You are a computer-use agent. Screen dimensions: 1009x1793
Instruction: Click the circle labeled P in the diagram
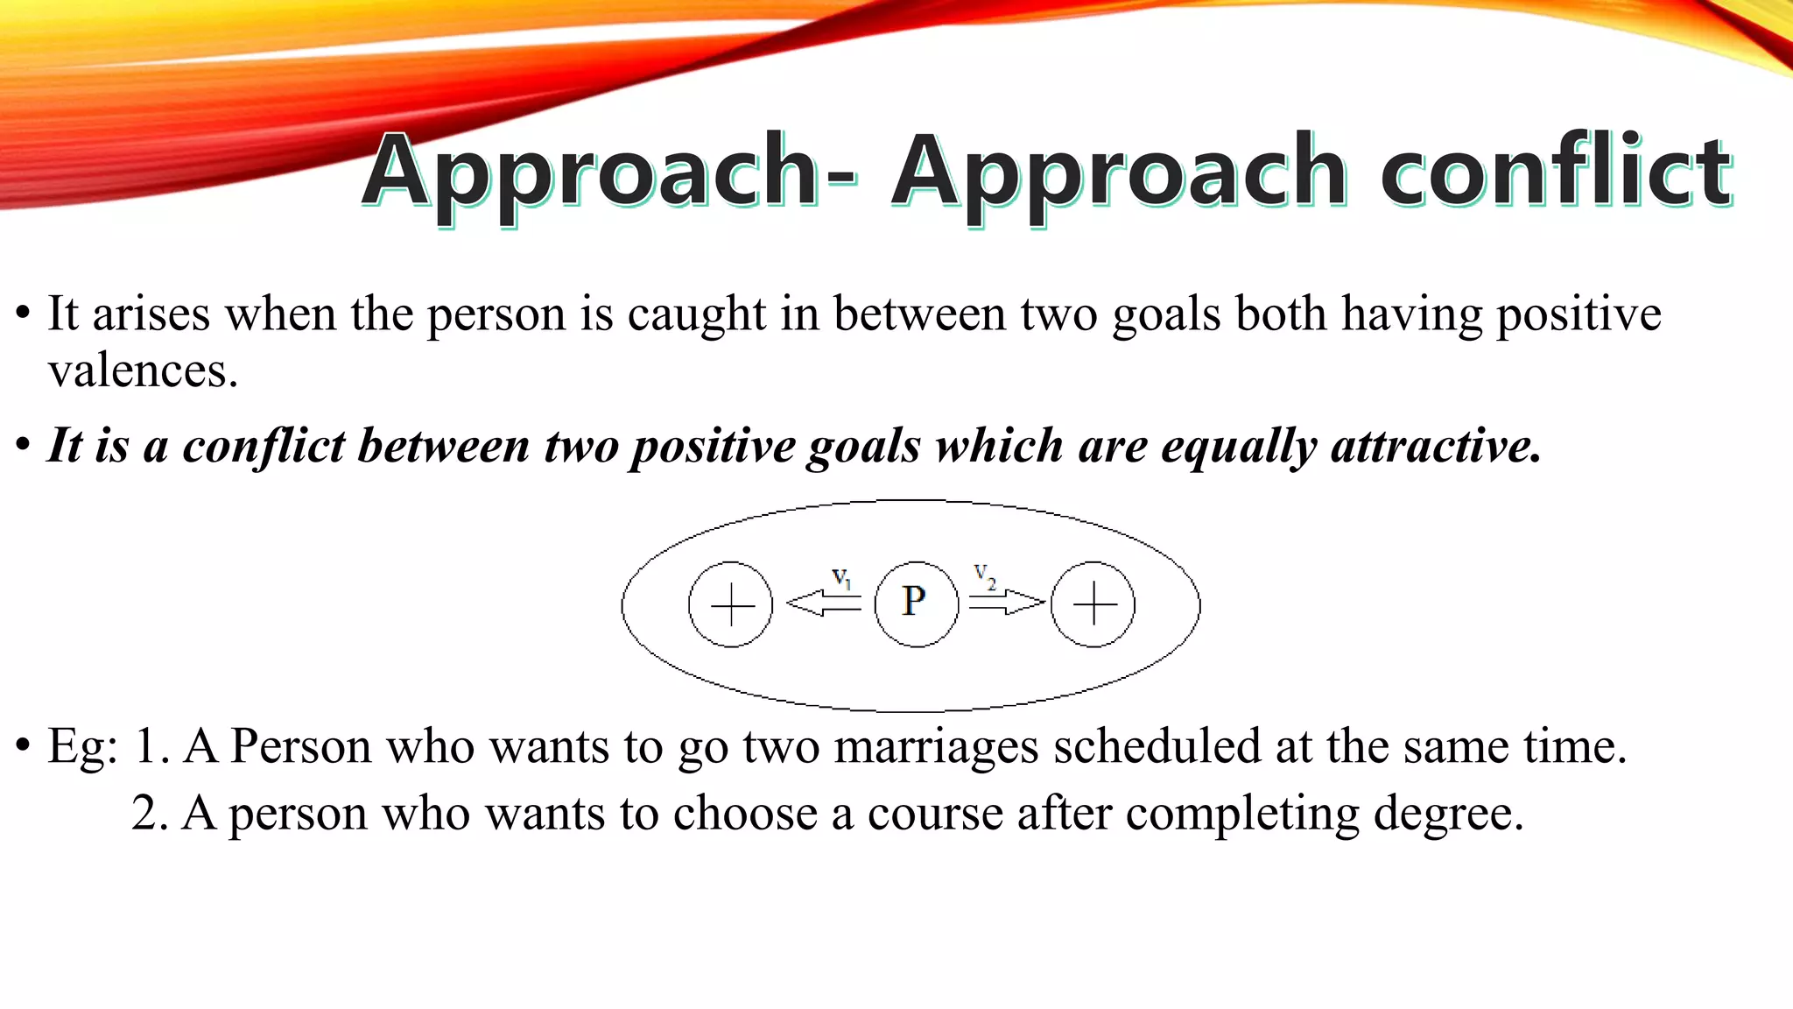coord(916,603)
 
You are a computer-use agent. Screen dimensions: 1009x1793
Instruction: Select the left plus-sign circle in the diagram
coord(731,604)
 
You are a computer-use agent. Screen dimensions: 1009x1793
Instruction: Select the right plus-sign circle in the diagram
coord(1093,604)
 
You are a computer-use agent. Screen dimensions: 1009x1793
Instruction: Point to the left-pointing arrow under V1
coord(823,603)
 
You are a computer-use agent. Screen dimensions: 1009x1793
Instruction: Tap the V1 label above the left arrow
coord(841,577)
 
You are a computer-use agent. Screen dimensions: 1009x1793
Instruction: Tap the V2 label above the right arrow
coord(985,575)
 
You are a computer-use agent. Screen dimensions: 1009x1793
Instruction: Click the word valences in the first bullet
coord(142,371)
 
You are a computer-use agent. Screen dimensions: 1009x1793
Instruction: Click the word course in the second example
coord(934,815)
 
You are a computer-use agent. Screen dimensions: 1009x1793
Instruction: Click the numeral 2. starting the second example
coord(150,814)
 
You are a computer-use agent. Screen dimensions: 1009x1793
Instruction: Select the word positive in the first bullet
coord(1578,314)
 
